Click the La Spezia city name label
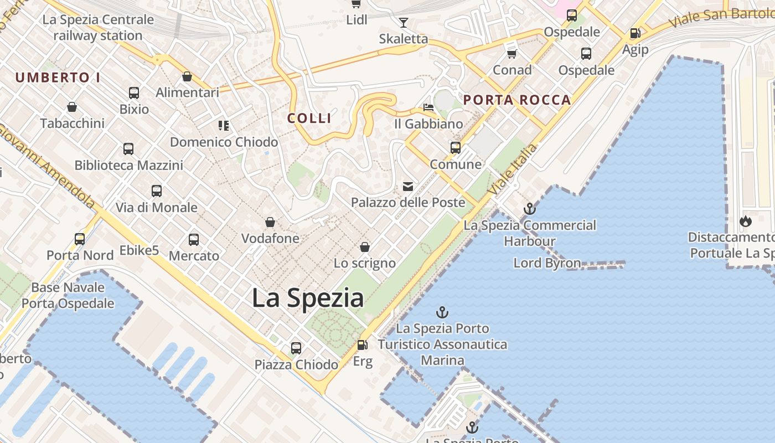308,298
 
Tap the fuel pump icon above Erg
362,344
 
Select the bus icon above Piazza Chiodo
296,348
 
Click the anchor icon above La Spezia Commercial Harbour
530,209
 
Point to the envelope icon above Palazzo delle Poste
408,186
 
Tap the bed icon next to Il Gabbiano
428,107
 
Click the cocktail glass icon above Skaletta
404,22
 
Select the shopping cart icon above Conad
512,53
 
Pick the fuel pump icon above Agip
635,33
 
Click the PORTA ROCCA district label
517,100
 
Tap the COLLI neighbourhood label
309,118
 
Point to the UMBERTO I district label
58,78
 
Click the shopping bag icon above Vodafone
270,222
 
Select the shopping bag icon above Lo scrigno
365,246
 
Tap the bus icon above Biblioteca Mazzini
128,148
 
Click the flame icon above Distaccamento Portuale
746,221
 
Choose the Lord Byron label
547,263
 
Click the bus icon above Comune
456,147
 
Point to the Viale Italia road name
514,169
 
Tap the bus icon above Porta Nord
80,239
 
